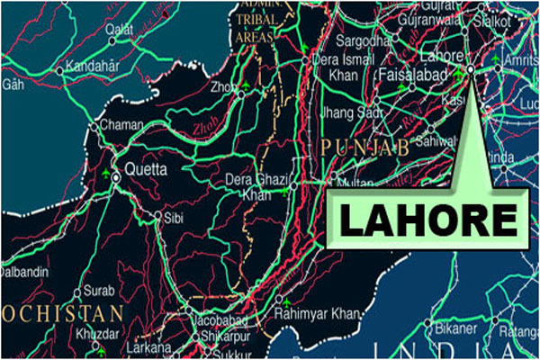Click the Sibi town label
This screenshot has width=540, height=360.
(174, 217)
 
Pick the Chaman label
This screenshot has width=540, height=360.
(121, 126)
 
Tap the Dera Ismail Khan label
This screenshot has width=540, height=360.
(345, 67)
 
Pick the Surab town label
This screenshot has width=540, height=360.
(100, 291)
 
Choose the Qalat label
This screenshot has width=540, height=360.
(124, 30)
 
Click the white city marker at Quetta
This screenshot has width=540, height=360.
(117, 178)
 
